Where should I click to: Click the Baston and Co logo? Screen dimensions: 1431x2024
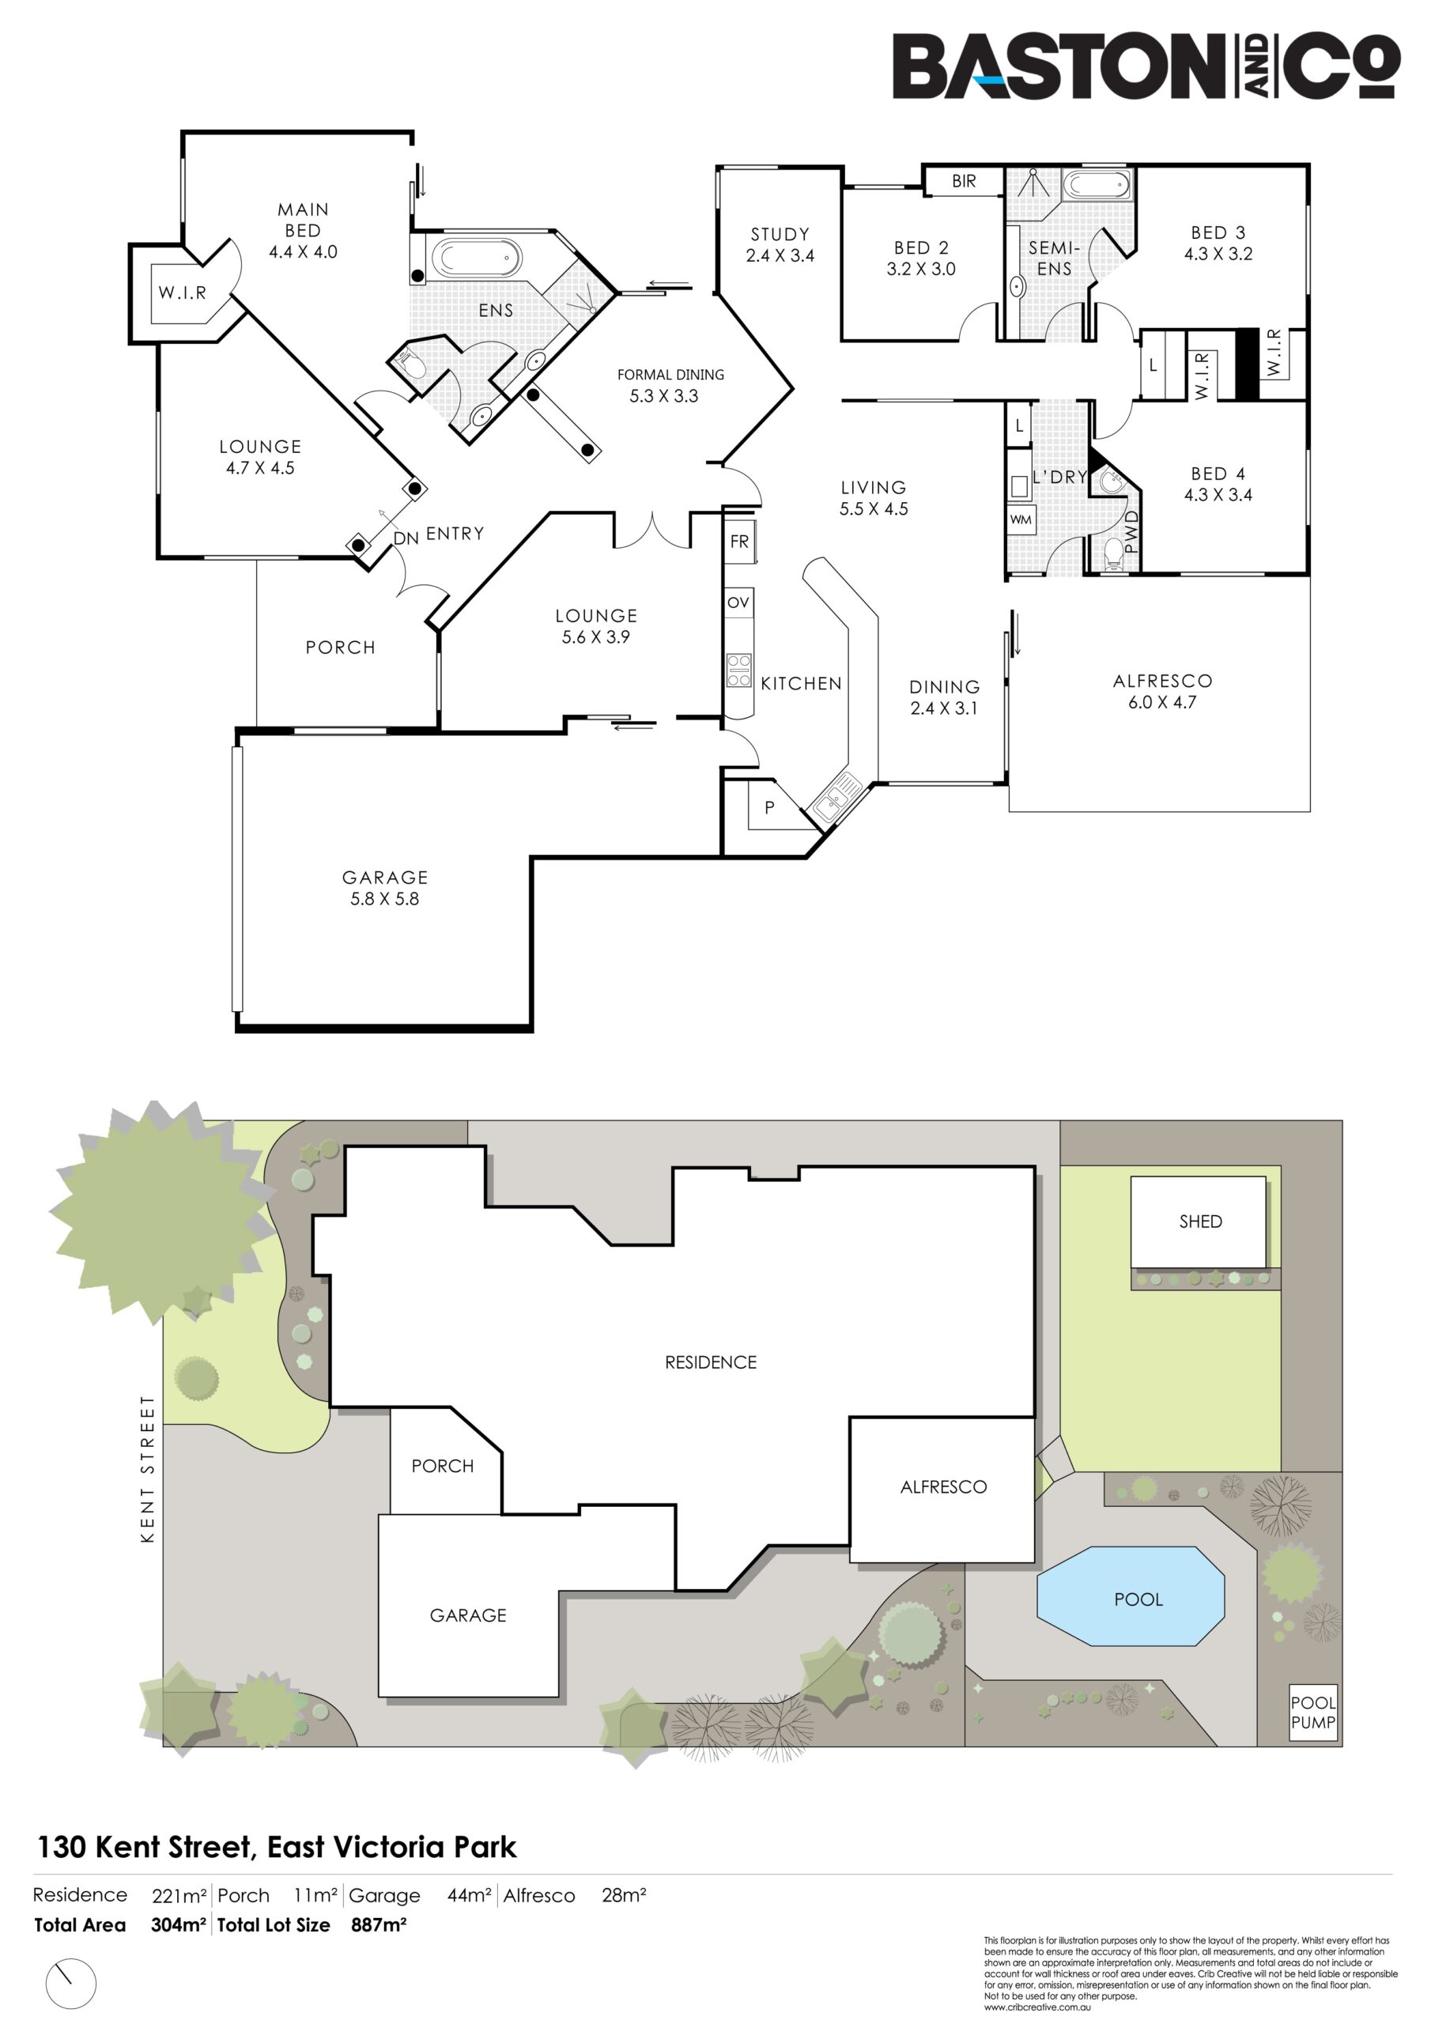pyautogui.click(x=1146, y=66)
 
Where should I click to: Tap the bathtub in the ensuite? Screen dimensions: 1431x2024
pyautogui.click(x=475, y=259)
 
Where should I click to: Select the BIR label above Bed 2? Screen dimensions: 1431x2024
pyautogui.click(x=964, y=182)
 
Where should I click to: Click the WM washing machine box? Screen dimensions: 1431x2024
pyautogui.click(x=1021, y=519)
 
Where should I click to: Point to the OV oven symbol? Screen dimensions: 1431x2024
pyautogui.click(x=739, y=602)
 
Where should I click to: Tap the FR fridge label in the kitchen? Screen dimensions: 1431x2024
pyautogui.click(x=739, y=542)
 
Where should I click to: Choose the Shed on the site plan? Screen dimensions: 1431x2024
pyautogui.click(x=1199, y=1221)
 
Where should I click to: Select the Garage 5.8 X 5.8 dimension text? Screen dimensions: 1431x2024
pyautogui.click(x=384, y=899)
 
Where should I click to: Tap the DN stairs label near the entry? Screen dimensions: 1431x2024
pyautogui.click(x=406, y=538)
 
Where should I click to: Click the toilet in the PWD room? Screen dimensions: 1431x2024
pyautogui.click(x=1115, y=553)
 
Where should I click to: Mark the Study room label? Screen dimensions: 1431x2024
pyautogui.click(x=780, y=235)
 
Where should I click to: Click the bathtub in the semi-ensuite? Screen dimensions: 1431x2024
pyautogui.click(x=1097, y=185)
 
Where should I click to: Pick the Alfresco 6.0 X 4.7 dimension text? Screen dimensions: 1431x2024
pyautogui.click(x=1162, y=703)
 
